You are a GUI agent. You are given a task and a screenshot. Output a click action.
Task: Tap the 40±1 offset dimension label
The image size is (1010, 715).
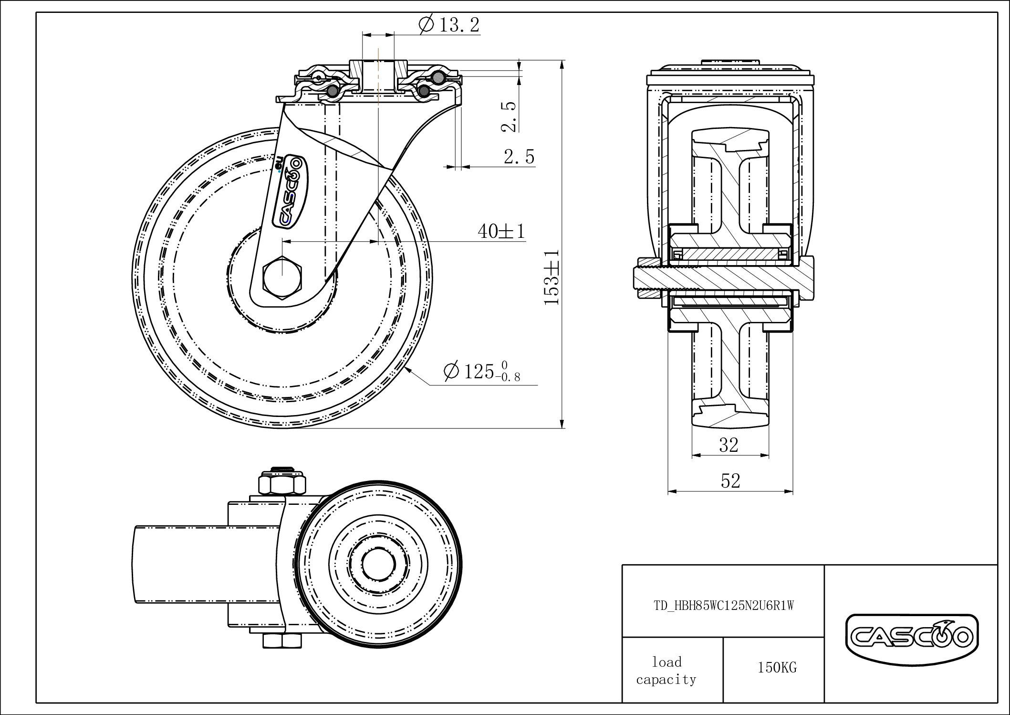[501, 232]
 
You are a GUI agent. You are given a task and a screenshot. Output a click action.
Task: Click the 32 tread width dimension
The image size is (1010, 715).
[729, 445]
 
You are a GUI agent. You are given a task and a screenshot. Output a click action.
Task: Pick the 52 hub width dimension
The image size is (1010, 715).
[730, 481]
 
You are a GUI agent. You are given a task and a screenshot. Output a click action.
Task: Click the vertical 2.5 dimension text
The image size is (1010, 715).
[509, 117]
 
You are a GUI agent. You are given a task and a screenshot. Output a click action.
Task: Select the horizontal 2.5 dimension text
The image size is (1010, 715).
[519, 157]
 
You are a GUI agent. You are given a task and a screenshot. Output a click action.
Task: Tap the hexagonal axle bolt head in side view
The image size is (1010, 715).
[282, 278]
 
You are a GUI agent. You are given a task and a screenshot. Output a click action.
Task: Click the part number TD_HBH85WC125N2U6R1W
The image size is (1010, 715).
[723, 606]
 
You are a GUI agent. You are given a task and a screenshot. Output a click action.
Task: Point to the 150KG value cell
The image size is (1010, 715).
[777, 668]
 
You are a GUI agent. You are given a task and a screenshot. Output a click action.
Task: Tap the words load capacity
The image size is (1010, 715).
[666, 671]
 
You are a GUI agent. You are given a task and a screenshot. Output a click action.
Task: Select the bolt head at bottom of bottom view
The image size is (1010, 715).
[282, 640]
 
